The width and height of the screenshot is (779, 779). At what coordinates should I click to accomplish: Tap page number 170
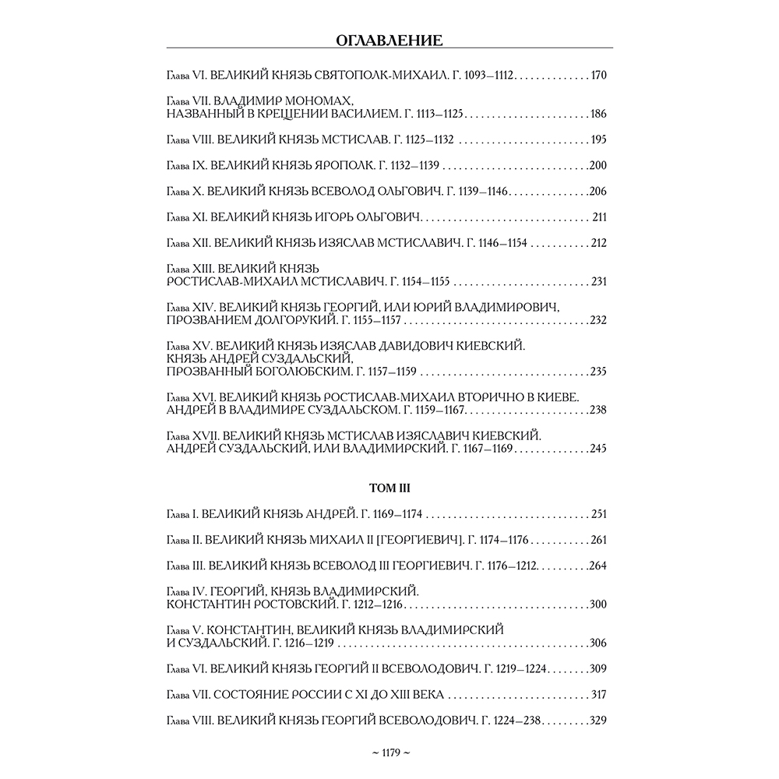[x=598, y=76]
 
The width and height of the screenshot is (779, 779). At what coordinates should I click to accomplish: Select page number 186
[x=598, y=115]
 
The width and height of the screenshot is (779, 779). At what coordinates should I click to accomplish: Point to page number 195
[x=598, y=140]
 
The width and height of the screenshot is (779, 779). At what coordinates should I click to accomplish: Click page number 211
[x=599, y=217]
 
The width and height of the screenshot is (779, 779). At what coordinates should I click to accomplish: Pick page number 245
[x=598, y=449]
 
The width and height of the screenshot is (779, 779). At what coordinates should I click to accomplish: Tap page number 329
[x=598, y=720]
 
